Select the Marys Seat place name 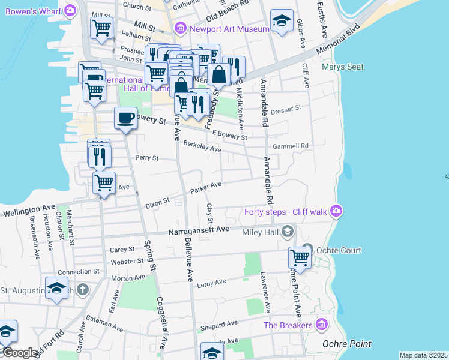tap(342, 67)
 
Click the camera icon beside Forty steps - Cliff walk tap(336, 211)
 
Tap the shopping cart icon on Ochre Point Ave tap(299, 258)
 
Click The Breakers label tap(288, 325)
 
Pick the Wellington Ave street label tap(30, 209)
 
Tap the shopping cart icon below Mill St tap(101, 27)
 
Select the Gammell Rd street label tap(290, 146)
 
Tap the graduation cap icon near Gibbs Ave tap(282, 20)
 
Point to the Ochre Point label tap(346, 344)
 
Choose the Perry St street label tap(146, 158)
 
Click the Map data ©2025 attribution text tap(423, 355)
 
